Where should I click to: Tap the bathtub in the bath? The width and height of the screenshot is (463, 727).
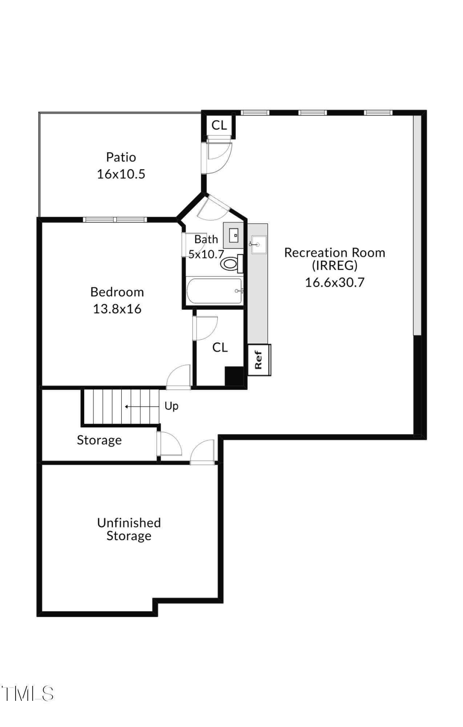pos(214,291)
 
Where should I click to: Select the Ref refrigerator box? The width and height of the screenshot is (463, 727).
pos(259,360)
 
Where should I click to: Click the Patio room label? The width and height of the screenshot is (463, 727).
pos(121,157)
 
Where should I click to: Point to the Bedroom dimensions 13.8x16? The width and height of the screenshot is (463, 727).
pos(117,309)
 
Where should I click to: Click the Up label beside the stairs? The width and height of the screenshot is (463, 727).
pos(171,406)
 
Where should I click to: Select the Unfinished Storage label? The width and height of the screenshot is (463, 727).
pos(129,529)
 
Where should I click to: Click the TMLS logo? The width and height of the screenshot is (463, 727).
pos(28,694)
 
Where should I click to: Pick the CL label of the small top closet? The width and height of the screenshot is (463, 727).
pos(219,125)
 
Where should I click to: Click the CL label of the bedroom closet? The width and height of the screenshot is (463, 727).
pos(220,348)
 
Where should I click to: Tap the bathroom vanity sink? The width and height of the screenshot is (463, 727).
pos(233,236)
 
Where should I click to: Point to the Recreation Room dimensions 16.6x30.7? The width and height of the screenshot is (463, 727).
pos(334,282)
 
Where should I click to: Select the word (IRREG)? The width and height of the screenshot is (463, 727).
pos(334,266)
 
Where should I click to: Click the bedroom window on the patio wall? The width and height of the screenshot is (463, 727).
pos(115,220)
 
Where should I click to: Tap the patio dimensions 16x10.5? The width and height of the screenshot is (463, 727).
pos(121,174)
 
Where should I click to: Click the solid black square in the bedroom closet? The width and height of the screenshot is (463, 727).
pos(234,376)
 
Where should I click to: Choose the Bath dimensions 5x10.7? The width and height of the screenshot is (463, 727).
pos(206,254)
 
